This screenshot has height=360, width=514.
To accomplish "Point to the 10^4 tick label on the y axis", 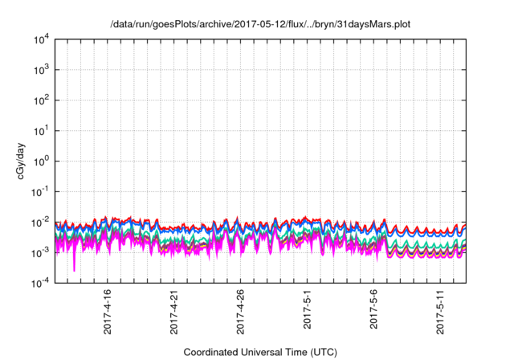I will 41,39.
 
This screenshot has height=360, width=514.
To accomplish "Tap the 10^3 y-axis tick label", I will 41,70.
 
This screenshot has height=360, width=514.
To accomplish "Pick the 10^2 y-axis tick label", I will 41,100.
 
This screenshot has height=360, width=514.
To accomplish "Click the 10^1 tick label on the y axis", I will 41,131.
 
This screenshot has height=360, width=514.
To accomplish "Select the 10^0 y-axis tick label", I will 41,161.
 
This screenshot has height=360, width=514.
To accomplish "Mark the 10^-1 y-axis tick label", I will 41,191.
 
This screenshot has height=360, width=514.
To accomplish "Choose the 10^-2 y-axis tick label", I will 41,222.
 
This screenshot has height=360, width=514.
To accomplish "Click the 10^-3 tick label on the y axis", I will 41,252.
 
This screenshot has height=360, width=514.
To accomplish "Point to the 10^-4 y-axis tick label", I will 41,283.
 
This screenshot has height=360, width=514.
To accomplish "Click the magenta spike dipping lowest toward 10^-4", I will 75,268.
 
